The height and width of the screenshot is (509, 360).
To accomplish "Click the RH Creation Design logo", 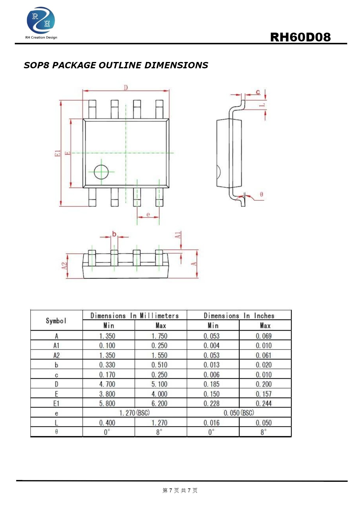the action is click(x=41, y=23).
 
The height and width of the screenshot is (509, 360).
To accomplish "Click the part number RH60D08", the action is click(x=300, y=37).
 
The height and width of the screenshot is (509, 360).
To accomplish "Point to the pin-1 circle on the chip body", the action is click(x=101, y=172).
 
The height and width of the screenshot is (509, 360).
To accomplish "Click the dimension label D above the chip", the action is click(x=126, y=87).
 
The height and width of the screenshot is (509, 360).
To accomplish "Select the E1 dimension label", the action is click(x=58, y=153).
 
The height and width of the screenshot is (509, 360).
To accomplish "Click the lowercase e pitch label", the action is click(x=148, y=215).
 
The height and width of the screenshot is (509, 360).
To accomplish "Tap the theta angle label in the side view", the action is click(x=261, y=194).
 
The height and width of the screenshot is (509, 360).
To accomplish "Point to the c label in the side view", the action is click(x=258, y=92).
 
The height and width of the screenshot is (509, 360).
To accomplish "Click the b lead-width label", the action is click(x=114, y=234).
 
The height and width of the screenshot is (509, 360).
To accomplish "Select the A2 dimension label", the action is click(x=64, y=266).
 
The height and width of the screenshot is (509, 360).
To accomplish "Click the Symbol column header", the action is click(x=56, y=321).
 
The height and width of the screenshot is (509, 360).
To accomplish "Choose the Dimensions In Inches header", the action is click(x=239, y=315).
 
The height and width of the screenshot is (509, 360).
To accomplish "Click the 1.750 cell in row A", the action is click(x=159, y=336).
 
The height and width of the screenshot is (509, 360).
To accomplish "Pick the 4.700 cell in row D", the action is click(x=107, y=384).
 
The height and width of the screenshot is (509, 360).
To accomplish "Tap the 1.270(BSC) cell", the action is click(x=134, y=413).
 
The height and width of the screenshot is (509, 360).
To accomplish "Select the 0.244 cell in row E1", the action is click(x=263, y=403).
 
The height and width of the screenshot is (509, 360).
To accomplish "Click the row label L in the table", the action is click(x=56, y=423).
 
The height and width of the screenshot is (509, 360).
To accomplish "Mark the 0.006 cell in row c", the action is click(x=211, y=374).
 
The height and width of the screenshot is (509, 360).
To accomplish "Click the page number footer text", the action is click(x=180, y=490).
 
